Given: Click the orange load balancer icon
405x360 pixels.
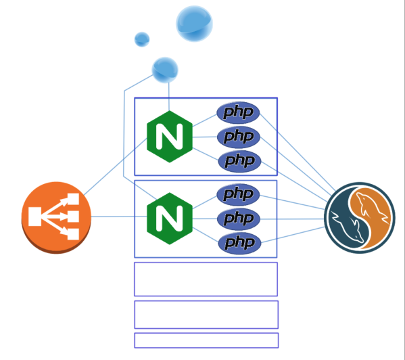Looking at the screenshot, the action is (x=56, y=218).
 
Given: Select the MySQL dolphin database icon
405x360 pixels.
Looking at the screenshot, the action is (x=360, y=218).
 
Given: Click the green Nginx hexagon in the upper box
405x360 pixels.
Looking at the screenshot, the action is (x=170, y=137).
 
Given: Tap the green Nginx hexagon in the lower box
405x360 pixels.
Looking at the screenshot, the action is (x=170, y=219).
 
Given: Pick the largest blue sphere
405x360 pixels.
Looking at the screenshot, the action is (x=194, y=24).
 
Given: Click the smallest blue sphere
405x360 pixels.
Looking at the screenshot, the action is (x=142, y=39).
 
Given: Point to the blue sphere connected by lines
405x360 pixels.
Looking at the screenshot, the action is (x=165, y=70).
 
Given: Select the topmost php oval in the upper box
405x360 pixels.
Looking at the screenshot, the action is (x=238, y=113).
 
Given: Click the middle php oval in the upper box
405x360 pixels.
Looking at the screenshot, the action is (x=239, y=137).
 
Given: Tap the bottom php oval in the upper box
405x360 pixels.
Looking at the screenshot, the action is (x=240, y=161).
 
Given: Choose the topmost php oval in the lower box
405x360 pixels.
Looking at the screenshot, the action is (x=238, y=195).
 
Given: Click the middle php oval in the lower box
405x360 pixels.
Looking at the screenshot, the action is (x=239, y=219).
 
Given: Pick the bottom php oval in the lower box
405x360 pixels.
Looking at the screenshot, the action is (x=240, y=243).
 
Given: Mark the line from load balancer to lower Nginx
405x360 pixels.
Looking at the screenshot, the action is (x=119, y=217).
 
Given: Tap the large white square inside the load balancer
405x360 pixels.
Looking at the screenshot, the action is (x=35, y=217).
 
